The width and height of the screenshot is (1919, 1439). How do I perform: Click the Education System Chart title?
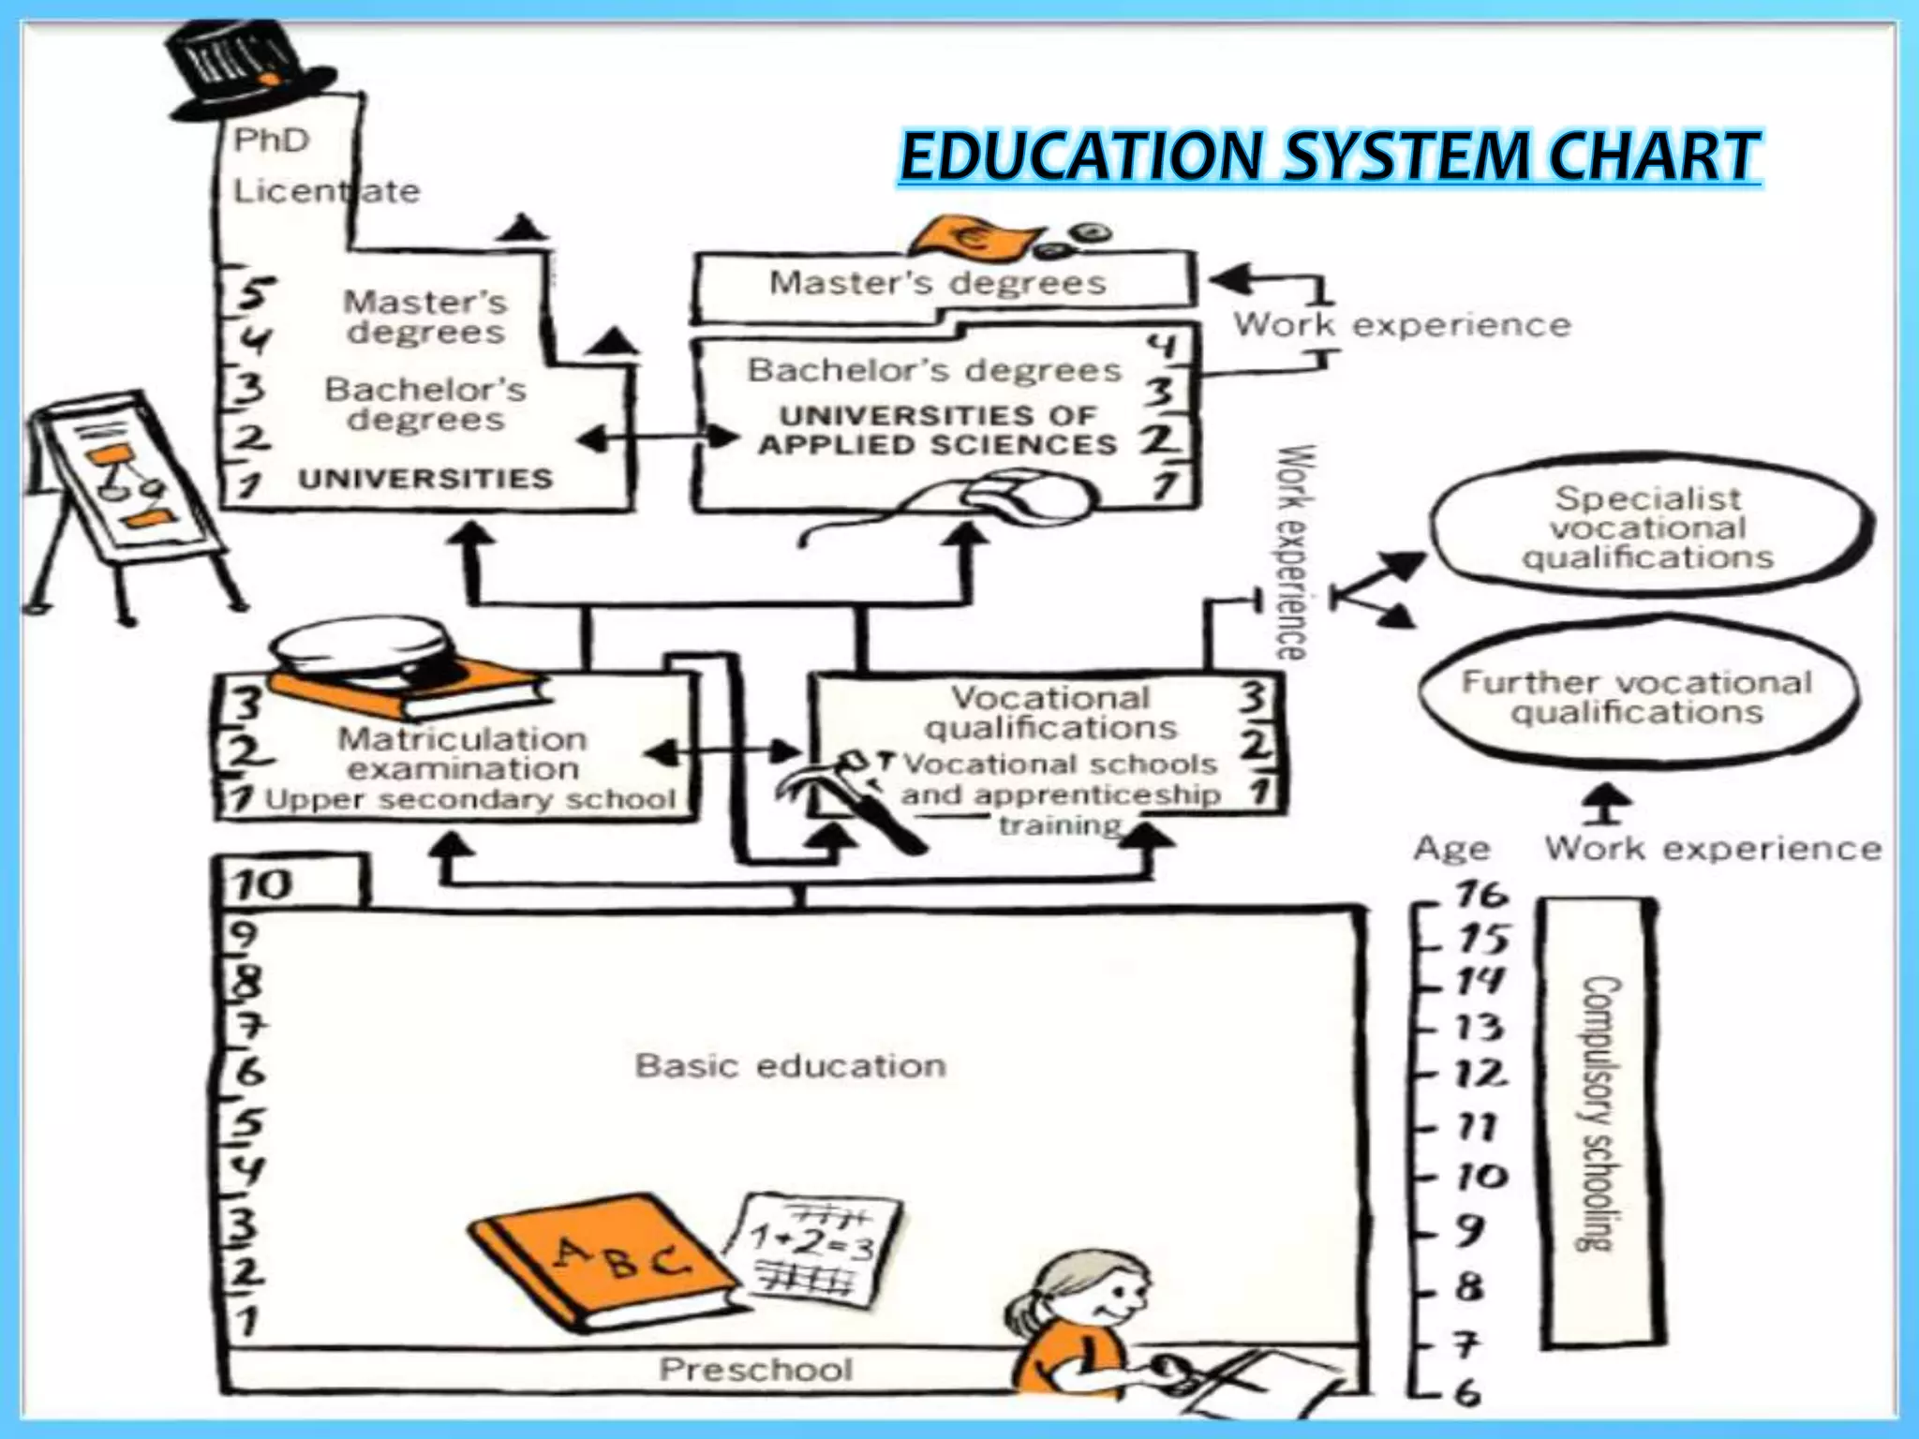tap(1330, 156)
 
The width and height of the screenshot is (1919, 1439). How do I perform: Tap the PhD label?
tap(271, 141)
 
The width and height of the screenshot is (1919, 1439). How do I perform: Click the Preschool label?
tap(755, 1370)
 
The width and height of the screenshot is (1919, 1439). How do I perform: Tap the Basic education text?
tap(790, 1066)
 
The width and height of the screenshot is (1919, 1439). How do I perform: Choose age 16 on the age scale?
tap(1480, 895)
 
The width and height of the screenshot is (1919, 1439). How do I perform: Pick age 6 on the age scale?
tap(1467, 1393)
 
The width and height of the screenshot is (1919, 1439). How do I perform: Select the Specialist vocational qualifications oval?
tap(1648, 527)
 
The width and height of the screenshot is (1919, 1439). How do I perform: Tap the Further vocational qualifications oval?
tap(1636, 697)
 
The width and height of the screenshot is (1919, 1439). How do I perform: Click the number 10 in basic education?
tap(263, 884)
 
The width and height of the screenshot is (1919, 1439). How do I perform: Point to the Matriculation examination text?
tap(462, 753)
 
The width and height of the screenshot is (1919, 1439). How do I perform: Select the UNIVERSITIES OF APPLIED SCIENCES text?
tap(938, 430)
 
